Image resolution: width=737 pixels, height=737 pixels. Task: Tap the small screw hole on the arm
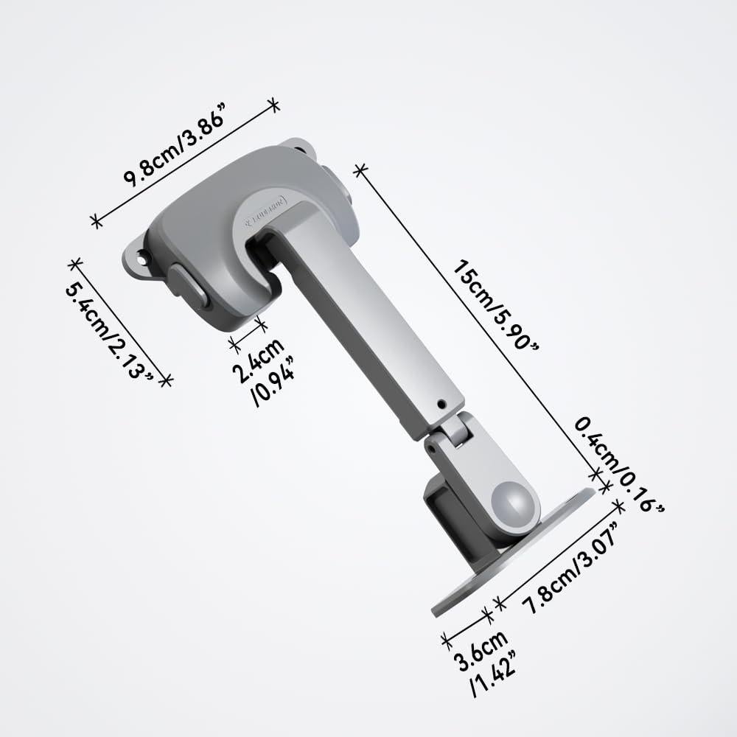[x=441, y=404]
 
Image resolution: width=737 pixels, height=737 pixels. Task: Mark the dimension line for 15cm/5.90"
[x=479, y=324]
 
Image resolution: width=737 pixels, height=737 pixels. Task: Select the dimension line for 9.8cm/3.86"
[x=184, y=162]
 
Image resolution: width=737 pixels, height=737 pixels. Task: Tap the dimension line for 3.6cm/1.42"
[x=466, y=626]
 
